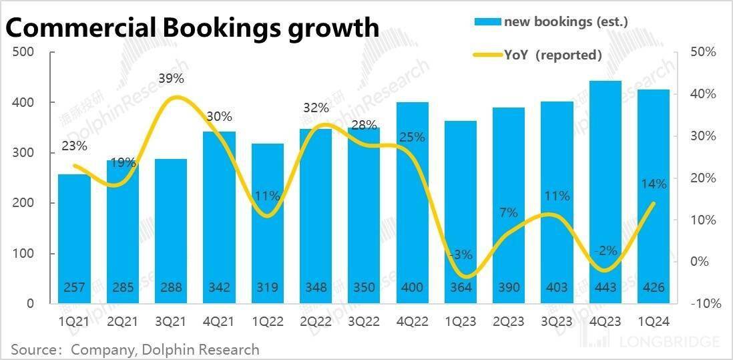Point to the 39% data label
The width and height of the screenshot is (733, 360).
[x=172, y=78]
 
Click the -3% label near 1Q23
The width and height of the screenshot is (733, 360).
[x=461, y=254]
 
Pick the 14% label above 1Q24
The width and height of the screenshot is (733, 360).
[x=654, y=184]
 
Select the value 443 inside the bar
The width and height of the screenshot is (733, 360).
[x=605, y=288]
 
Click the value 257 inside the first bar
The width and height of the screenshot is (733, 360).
[x=74, y=288]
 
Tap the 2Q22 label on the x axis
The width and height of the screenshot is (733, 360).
[x=316, y=321]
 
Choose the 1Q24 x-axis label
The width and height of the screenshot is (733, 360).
[x=654, y=321]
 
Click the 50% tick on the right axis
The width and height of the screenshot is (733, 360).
[x=703, y=52]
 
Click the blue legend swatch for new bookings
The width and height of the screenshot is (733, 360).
[x=487, y=22]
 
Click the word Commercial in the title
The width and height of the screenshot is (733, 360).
[x=77, y=29]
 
